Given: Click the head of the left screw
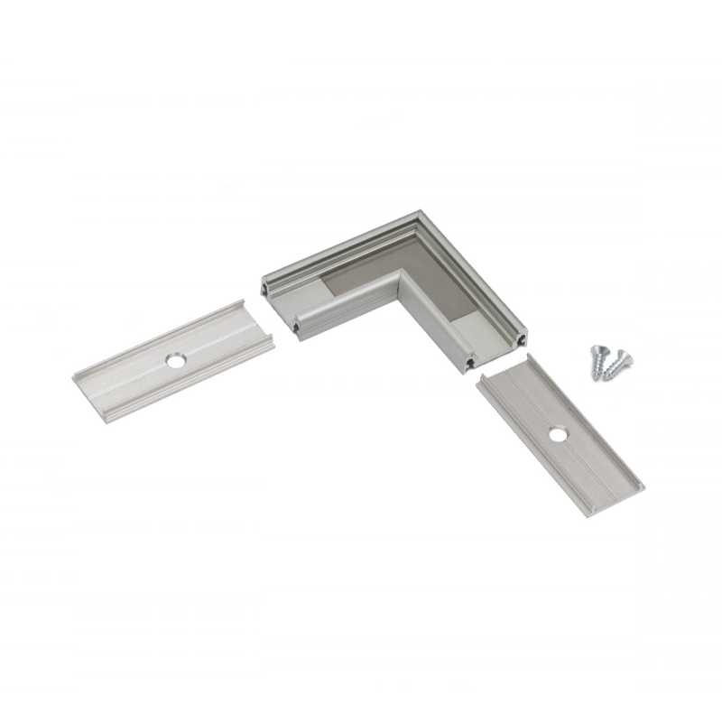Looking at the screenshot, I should click(597, 349).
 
